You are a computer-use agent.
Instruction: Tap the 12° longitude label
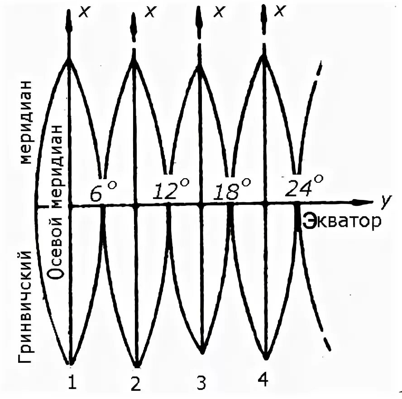(164, 191)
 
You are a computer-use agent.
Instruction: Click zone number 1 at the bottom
(72, 383)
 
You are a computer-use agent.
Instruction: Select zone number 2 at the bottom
(136, 384)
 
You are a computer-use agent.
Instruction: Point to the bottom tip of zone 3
(202, 350)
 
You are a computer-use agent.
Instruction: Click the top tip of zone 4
(264, 55)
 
